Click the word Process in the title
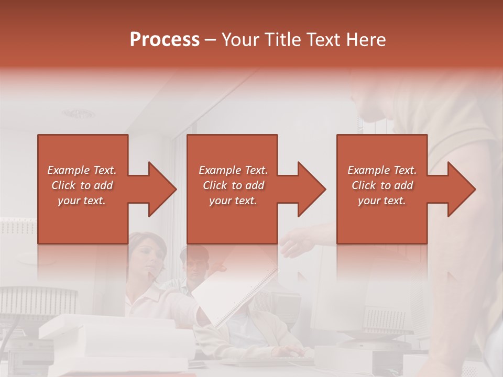point(165,40)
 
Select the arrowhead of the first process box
point(160,189)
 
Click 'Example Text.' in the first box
point(82,170)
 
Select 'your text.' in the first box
point(82,201)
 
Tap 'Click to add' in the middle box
point(233,185)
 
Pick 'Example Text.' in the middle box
point(233,170)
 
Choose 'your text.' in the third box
point(382,201)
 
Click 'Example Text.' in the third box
point(382,170)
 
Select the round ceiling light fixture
point(79,113)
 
